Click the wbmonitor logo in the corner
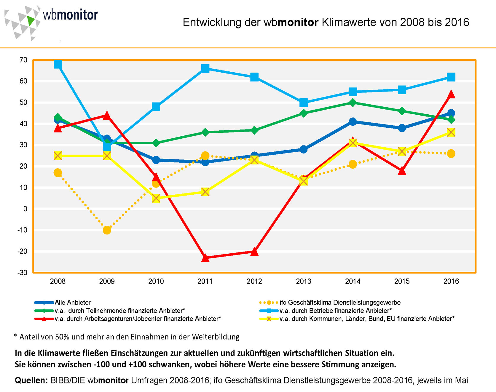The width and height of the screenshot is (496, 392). pyautogui.click(x=50, y=21)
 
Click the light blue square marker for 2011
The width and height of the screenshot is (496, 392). pyautogui.click(x=205, y=68)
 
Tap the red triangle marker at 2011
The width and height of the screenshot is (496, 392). pyautogui.click(x=205, y=258)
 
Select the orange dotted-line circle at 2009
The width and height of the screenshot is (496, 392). pyautogui.click(x=107, y=230)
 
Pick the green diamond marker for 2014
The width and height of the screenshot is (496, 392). pyautogui.click(x=353, y=103)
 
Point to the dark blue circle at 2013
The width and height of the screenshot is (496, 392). pyautogui.click(x=303, y=149)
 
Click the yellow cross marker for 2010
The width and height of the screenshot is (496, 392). pyautogui.click(x=156, y=198)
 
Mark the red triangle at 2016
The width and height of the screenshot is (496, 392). pyautogui.click(x=451, y=95)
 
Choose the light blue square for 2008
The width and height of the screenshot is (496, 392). pyautogui.click(x=58, y=64)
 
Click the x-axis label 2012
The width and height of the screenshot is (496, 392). pyautogui.click(x=254, y=281)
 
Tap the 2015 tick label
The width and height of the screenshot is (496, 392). pyautogui.click(x=402, y=281)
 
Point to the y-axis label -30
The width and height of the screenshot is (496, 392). pyautogui.click(x=22, y=273)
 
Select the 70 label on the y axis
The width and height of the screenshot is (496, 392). pyautogui.click(x=23, y=60)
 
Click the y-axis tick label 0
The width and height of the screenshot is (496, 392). pyautogui.click(x=25, y=209)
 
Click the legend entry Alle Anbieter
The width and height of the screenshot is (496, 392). pyautogui.click(x=73, y=303)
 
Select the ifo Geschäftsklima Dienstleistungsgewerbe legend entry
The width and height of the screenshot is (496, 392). pyautogui.click(x=340, y=303)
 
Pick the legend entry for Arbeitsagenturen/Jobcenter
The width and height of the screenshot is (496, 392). pyautogui.click(x=138, y=319)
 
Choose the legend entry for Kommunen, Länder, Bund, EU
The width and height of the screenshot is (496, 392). pyautogui.click(x=367, y=319)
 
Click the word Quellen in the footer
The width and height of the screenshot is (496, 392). pyautogui.click(x=31, y=380)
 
